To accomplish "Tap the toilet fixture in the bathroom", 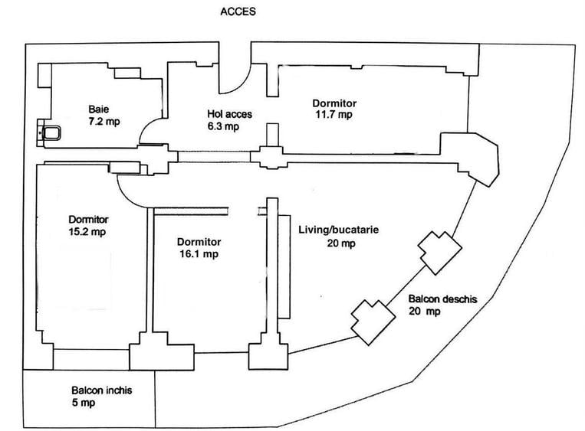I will [x=51, y=135].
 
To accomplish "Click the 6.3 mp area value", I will [x=224, y=127].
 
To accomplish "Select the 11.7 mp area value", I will [x=334, y=115].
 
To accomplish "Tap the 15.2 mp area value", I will [x=87, y=230].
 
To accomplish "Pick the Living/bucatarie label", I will [x=337, y=230].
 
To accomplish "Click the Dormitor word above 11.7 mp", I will [x=334, y=103].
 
